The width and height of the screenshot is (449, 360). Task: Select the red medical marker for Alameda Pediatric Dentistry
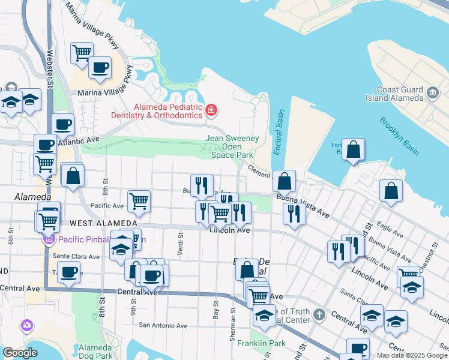[x=211, y=110]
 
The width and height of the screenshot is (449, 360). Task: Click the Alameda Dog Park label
[x=95, y=351]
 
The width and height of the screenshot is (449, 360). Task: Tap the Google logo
[x=20, y=353]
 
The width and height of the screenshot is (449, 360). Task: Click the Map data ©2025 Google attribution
[x=412, y=355]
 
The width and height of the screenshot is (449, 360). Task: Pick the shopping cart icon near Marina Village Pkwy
[x=81, y=52]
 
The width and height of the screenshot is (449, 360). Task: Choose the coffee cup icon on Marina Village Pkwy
[x=100, y=67]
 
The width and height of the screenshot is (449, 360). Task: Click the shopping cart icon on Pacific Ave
[x=138, y=201]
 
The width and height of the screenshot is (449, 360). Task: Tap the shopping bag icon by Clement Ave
[x=284, y=180]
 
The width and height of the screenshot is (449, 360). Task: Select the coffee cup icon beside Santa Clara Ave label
[x=68, y=271]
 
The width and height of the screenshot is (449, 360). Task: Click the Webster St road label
[x=50, y=72]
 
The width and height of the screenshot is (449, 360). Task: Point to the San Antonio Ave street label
[x=163, y=326]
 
